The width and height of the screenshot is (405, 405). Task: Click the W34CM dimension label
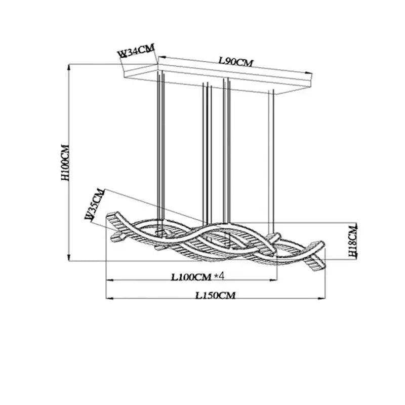[136, 51]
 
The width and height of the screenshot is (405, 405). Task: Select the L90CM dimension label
[236, 62]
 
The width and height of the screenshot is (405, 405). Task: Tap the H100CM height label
[65, 163]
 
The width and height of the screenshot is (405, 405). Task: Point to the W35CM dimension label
[95, 204]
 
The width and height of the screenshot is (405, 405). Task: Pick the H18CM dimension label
[352, 240]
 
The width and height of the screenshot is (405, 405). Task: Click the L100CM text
[192, 277]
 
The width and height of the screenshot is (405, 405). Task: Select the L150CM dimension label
[216, 295]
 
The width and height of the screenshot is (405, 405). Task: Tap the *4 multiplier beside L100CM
[219, 276]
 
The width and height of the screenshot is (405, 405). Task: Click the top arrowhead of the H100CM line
[69, 67]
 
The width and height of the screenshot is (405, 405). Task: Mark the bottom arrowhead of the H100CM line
[69, 258]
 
